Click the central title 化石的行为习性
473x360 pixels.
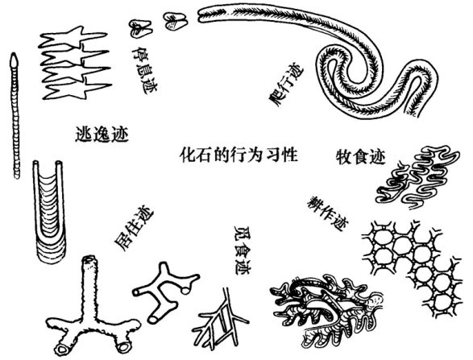coord(239,155)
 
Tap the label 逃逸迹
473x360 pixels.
coord(102,134)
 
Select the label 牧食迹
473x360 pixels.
coord(361,156)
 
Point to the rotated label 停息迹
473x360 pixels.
coord(143,70)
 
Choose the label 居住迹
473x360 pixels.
coord(134,230)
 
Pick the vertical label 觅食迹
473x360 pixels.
coord(243,250)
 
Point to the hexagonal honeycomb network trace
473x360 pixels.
coord(413,268)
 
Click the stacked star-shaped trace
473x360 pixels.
coord(76,63)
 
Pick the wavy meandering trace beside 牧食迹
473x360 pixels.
coord(419,178)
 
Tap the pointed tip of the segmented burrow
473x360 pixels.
coord(14,54)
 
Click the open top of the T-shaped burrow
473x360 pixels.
coord(89,259)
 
